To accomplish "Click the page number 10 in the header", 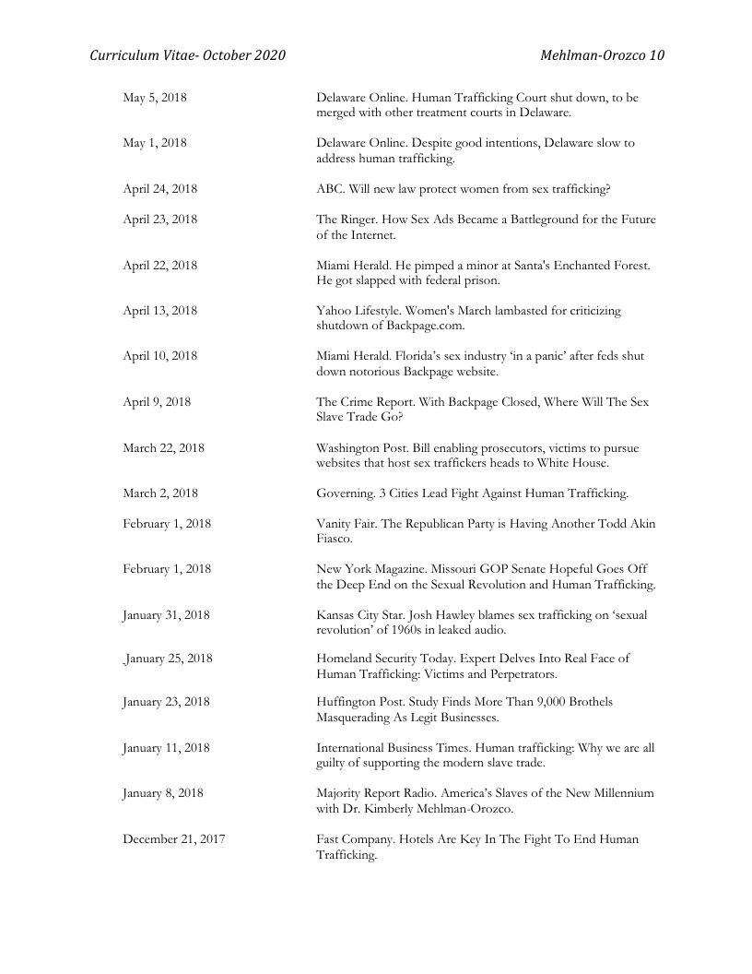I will (656, 55).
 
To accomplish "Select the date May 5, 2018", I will (155, 98).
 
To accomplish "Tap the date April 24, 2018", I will (159, 189).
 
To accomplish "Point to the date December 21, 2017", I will (174, 839).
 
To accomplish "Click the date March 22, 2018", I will (163, 448).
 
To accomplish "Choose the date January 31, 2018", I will (166, 615).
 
